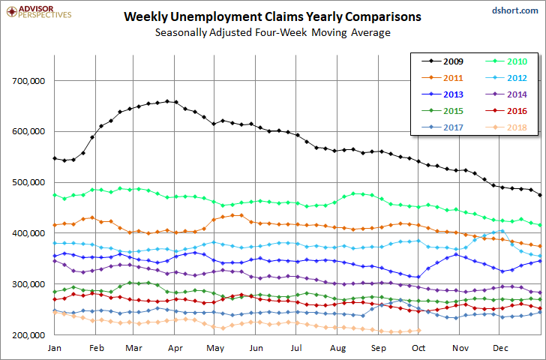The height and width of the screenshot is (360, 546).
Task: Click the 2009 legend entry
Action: point(447,61)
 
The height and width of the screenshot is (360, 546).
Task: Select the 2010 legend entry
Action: point(507,61)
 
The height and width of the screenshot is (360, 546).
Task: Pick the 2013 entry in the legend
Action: point(447,94)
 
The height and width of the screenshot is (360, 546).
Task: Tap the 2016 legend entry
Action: point(507,111)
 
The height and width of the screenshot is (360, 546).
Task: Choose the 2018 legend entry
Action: point(507,127)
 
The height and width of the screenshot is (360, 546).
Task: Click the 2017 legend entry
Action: point(447,127)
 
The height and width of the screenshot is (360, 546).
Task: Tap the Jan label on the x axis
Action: point(54,348)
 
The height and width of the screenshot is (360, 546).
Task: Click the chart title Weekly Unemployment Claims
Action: point(272,16)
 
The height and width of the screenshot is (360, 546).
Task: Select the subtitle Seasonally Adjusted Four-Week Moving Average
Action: point(272,32)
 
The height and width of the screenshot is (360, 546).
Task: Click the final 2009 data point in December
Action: point(541,195)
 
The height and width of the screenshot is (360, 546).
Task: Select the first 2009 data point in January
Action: point(54,158)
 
